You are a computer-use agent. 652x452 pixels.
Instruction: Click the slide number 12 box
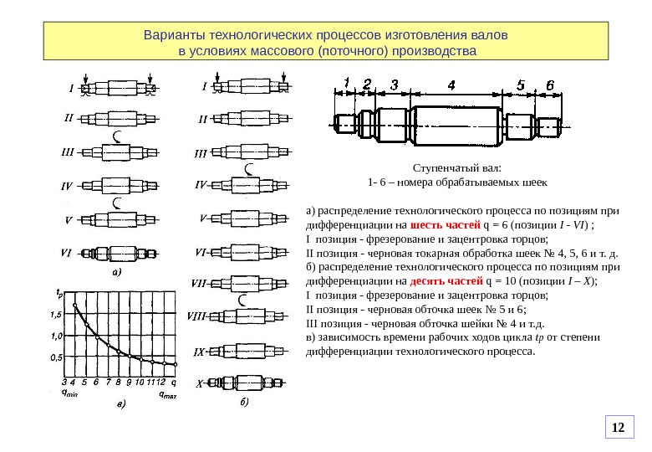[619, 428]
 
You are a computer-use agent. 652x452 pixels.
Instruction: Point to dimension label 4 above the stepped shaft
[451, 85]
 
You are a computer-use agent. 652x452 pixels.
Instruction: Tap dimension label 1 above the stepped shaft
[346, 83]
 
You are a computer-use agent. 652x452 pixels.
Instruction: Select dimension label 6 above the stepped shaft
[549, 85]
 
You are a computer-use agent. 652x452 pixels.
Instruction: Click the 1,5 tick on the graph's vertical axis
[56, 315]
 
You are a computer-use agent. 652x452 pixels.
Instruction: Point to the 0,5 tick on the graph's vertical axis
[57, 357]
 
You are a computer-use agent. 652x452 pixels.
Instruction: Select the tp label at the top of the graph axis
[59, 293]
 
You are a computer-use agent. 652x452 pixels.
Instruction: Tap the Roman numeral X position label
[200, 385]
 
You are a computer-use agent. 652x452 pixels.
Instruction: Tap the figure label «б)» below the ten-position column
[244, 403]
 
